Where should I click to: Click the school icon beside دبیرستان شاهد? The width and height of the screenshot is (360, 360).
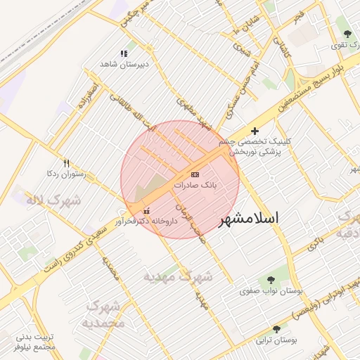coord(124,53)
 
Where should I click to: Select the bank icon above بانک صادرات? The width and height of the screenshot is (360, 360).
coord(195,174)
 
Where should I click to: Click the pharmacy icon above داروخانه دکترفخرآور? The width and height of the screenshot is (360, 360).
coord(146,210)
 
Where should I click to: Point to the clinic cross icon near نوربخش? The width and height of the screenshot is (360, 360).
coord(255,131)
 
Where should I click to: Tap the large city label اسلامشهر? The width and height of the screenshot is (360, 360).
coord(249,219)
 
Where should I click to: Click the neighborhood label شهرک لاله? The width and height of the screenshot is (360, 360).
coord(53,201)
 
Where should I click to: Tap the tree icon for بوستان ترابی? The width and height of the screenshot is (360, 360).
coord(276,329)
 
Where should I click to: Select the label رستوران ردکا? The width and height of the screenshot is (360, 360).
coord(66,173)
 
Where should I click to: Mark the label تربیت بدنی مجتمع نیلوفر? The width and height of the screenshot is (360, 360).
coord(34,341)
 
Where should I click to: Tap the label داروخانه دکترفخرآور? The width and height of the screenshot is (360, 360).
coord(146,221)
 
